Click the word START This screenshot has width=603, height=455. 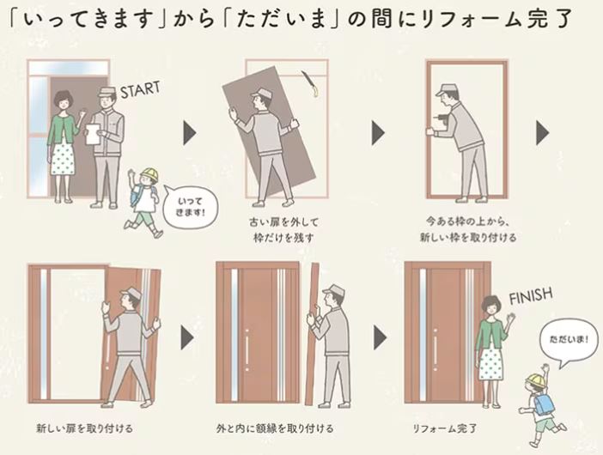pos(140,89)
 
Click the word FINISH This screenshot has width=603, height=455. pos(531,296)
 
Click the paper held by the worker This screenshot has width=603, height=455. pos(92,134)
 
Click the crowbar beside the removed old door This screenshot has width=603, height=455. pos(311,83)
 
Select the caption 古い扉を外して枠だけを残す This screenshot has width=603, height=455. pos(283,230)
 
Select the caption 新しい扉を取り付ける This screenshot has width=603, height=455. pos(84,428)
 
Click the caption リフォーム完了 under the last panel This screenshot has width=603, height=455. pos(445,428)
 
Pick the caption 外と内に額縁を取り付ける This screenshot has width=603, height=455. pos(275,428)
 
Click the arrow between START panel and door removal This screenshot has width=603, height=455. pos(190,133)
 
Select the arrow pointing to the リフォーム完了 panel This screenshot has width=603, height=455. pos(380,337)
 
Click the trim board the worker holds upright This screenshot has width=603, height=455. pos(314,334)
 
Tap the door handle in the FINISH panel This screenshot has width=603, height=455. pos(435,349)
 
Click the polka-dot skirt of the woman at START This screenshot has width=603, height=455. pos(63,157)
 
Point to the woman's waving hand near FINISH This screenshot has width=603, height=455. pos(511,318)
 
